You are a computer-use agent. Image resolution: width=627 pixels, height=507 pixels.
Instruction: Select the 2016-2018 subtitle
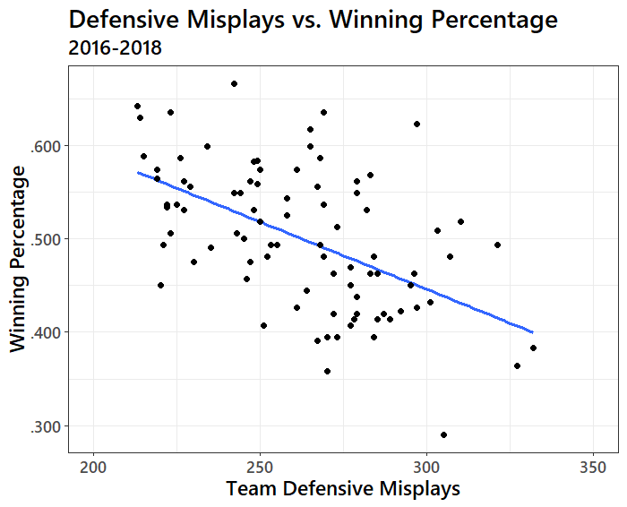click(115, 48)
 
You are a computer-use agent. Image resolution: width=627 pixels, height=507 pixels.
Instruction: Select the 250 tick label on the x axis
click(260, 467)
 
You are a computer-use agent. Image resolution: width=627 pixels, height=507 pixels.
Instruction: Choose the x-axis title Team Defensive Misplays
click(343, 489)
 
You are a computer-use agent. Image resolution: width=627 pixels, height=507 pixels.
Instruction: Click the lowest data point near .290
click(443, 434)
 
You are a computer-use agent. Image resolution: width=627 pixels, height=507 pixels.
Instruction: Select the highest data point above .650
click(234, 83)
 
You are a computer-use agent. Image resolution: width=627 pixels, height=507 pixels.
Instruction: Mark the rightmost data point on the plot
click(533, 348)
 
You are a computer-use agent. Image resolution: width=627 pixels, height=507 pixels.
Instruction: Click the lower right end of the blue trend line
click(533, 332)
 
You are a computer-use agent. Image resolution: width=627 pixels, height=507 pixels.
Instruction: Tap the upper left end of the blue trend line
click(137, 173)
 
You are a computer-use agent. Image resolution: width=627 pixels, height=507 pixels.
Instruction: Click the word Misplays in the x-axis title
click(424, 489)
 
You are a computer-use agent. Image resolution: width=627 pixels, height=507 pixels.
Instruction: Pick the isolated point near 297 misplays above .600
click(417, 124)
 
